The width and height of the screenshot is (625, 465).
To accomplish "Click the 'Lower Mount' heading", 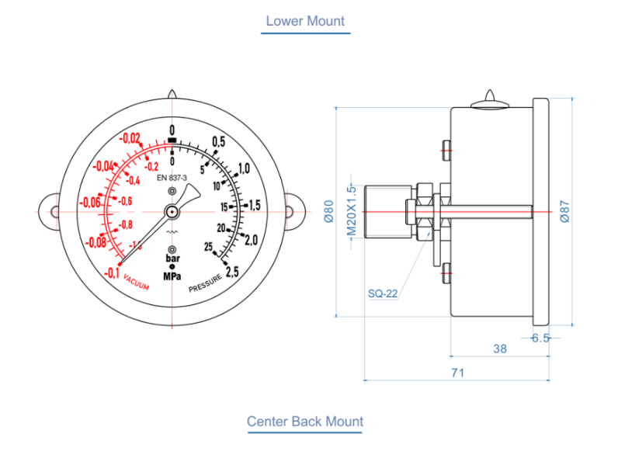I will (305, 21).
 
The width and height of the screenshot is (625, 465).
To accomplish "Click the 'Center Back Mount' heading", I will (305, 422).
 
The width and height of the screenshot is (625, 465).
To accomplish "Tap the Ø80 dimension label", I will (328, 212).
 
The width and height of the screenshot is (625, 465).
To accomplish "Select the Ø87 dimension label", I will (565, 211).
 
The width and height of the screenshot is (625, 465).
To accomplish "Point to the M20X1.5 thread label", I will (351, 211).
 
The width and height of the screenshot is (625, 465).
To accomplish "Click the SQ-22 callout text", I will (383, 293).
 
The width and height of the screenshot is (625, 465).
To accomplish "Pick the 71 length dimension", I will (457, 373).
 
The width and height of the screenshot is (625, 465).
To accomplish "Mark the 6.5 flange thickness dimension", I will (540, 338).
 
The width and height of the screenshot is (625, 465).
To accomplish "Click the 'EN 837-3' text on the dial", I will (172, 178).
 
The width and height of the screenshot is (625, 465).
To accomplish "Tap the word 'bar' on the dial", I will (172, 259).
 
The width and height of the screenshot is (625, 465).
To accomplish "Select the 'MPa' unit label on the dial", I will (172, 276).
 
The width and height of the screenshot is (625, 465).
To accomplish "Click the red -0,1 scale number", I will (110, 272).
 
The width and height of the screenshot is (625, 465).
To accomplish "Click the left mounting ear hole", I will (49, 211).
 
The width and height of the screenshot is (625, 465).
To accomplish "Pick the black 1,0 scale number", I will (243, 169).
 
